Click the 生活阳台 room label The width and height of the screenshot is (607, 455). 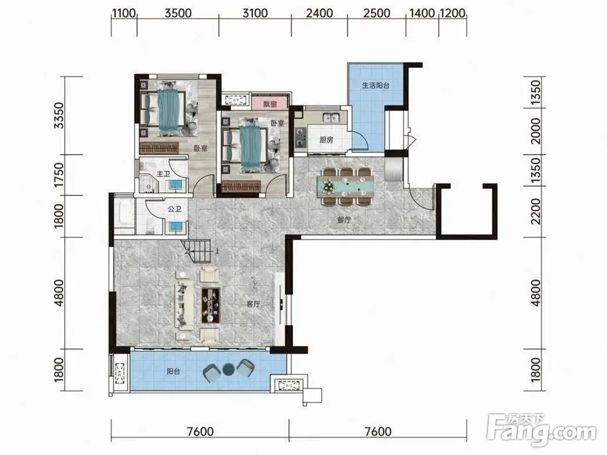pyautogui.click(x=376, y=86)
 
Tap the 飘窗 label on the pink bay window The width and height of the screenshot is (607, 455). pyautogui.click(x=270, y=104)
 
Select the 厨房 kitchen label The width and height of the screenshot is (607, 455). pyautogui.click(x=327, y=140)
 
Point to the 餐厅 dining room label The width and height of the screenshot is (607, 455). pyautogui.click(x=344, y=220)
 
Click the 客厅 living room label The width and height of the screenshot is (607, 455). pyautogui.click(x=253, y=304)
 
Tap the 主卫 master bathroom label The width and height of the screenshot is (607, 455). pyautogui.click(x=163, y=174)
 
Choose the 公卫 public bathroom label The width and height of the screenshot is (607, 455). pyautogui.click(x=175, y=209)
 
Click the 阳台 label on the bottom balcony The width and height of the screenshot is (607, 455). pyautogui.click(x=174, y=371)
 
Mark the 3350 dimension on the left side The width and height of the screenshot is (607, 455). pyautogui.click(x=58, y=115)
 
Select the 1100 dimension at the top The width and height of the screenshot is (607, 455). pyautogui.click(x=124, y=13)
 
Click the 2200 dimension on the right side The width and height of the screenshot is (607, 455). pyautogui.click(x=535, y=211)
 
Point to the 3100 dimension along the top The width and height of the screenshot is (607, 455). pyautogui.click(x=255, y=13)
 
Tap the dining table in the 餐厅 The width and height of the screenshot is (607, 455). pyautogui.click(x=346, y=186)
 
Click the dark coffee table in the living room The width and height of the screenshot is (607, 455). pyautogui.click(x=211, y=305)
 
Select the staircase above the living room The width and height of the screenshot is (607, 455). pyautogui.click(x=196, y=251)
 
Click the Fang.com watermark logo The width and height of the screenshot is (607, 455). pyautogui.click(x=541, y=430)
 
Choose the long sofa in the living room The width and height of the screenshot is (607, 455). pyautogui.click(x=185, y=306)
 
